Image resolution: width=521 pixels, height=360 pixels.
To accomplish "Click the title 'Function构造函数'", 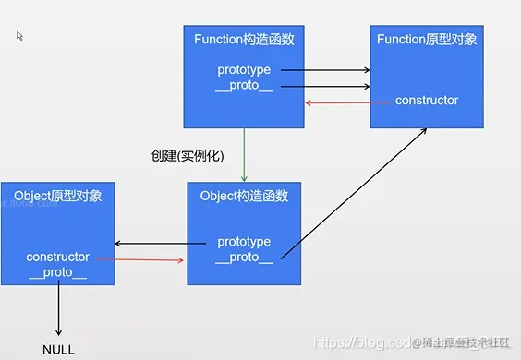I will tap(244, 39).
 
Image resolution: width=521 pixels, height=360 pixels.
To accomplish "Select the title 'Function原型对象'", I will tap(426, 39).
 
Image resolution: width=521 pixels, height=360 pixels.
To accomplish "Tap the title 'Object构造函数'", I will tap(244, 196).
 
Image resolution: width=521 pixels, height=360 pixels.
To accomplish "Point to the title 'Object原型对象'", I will tap(58, 196).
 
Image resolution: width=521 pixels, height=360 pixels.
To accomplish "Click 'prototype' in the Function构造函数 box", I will tap(244, 69).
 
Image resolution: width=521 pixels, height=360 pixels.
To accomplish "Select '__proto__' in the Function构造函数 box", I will tap(244, 86).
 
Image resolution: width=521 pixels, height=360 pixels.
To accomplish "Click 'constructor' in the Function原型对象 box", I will tap(426, 100).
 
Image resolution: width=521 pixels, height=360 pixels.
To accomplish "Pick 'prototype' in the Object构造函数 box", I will tap(244, 242).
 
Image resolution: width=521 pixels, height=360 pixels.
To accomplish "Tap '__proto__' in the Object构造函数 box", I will tap(244, 258).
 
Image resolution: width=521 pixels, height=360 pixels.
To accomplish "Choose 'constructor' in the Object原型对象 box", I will tap(58, 257).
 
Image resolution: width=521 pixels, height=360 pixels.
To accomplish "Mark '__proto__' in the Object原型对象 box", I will tap(58, 273).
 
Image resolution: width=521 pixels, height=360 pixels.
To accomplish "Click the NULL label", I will tap(58, 350).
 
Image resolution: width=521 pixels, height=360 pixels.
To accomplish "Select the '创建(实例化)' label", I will tap(188, 155).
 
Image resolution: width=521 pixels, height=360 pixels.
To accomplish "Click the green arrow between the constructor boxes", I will tap(245, 155).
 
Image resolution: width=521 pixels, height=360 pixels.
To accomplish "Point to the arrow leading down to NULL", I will tap(58, 309).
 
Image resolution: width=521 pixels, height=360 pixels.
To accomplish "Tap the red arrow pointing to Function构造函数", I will tap(337, 102).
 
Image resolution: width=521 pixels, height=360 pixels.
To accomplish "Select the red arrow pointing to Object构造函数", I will tap(139, 260).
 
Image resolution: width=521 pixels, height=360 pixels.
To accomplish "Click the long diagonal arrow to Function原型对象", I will tap(351, 192).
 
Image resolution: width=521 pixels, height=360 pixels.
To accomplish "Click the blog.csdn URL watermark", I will tap(360, 343).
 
